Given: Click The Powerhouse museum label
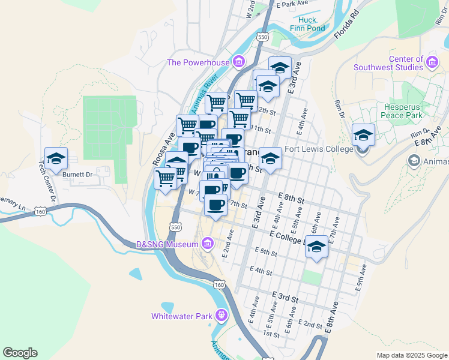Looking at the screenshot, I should pos(198,62).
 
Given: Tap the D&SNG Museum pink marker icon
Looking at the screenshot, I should pos(208,244).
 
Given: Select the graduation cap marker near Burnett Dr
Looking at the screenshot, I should pos(56,159).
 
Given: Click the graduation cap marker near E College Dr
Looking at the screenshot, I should pos(317,246).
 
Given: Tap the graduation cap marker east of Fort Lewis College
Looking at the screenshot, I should pos(363,134).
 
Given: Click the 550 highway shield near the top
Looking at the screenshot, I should pos(263,37).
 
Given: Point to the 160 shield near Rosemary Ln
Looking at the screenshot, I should pos(40,211).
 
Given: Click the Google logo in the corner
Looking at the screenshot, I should pos(20,353).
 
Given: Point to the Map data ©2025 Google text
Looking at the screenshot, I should pos(411,355).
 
